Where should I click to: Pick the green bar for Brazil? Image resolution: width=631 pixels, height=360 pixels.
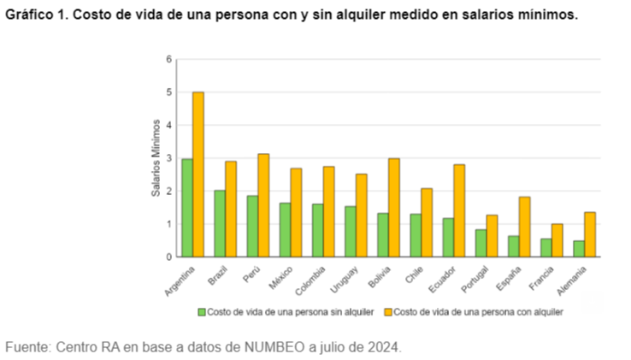(220, 223)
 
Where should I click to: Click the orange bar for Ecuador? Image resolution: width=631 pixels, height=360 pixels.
(460, 210)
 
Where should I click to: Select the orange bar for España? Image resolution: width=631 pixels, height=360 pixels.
(525, 227)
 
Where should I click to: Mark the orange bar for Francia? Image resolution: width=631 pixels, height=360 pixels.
(557, 240)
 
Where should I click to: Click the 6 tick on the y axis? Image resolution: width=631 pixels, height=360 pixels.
(168, 59)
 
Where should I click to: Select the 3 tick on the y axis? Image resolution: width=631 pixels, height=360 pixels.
(168, 158)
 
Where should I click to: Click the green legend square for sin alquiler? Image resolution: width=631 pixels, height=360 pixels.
(203, 312)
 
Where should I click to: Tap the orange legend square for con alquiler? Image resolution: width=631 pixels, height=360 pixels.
(388, 312)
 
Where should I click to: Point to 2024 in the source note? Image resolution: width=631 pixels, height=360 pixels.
(382, 347)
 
